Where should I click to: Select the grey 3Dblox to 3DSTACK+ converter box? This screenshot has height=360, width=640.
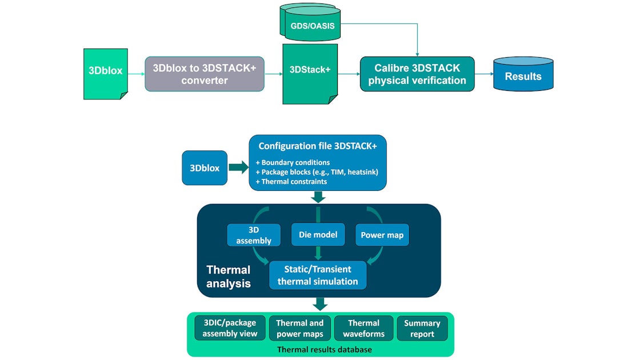click(205, 74)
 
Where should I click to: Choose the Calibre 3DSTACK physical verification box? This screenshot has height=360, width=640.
click(417, 74)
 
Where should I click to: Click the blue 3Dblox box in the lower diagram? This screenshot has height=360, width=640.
click(205, 168)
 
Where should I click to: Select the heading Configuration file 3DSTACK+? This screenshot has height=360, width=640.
click(318, 146)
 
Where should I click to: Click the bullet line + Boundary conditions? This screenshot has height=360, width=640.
click(293, 163)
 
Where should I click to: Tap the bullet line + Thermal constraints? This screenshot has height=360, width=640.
click(292, 181)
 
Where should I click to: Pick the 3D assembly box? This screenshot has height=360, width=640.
click(253, 235)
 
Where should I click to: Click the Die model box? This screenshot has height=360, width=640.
click(318, 234)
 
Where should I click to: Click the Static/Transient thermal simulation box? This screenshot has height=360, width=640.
click(318, 275)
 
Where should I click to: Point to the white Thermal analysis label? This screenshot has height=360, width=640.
click(228, 276)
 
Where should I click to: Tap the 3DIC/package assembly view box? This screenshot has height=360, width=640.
click(230, 328)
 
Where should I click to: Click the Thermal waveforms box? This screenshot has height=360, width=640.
click(364, 328)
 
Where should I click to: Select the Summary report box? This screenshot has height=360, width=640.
click(422, 328)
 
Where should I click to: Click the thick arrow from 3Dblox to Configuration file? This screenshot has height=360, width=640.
click(237, 168)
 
